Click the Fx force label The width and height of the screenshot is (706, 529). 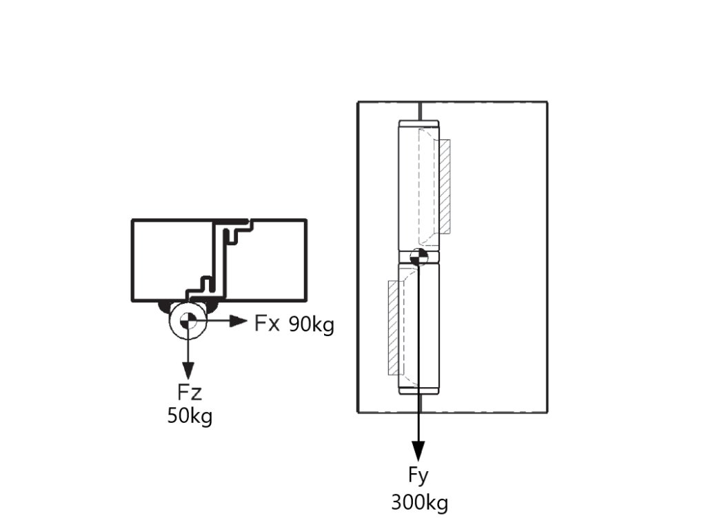pos(267,323)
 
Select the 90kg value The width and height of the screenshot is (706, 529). pos(311,324)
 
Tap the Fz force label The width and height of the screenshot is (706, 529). pos(189,393)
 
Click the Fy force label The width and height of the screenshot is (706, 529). pos(418,475)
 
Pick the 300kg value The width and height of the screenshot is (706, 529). pos(419,502)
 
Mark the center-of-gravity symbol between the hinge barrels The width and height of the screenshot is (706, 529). pos(418,257)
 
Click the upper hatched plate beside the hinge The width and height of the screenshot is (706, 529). pos(445,186)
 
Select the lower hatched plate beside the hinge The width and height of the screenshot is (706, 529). pos(394,327)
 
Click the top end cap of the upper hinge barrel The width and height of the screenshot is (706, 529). pos(418,125)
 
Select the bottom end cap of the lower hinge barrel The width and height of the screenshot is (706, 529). pos(418,391)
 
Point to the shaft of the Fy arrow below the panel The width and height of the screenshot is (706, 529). pos(418,427)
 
